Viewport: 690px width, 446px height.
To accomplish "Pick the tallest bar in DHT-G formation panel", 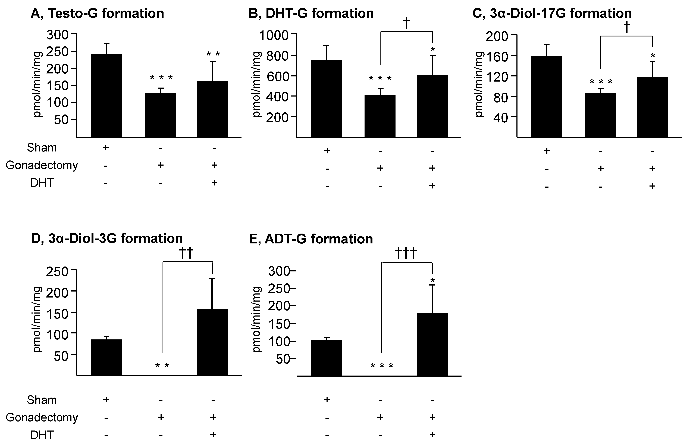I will [x=327, y=98].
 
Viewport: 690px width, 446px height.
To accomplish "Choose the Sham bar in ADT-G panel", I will [x=327, y=358].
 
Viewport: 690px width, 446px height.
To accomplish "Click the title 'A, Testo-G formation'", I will [x=97, y=14].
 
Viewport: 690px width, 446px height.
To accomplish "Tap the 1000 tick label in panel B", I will [x=274, y=35].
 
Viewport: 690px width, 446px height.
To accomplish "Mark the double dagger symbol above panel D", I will [x=186, y=253].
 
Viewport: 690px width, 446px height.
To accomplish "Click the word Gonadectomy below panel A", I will [x=42, y=165].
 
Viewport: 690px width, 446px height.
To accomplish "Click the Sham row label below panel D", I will [x=42, y=400].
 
